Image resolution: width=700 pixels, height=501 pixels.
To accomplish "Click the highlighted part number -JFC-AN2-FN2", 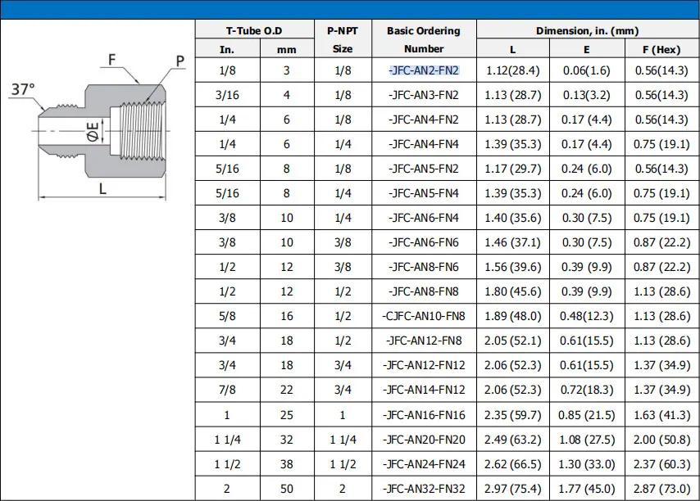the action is [x=424, y=70].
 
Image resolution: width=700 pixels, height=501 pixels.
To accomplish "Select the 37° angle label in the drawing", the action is [x=23, y=89].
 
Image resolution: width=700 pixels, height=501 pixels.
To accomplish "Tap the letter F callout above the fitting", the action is [x=111, y=59].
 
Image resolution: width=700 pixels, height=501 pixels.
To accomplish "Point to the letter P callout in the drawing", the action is [x=180, y=61].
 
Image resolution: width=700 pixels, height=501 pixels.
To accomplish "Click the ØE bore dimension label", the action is [x=93, y=132].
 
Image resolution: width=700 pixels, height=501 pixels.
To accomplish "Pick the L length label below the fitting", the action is [x=102, y=188].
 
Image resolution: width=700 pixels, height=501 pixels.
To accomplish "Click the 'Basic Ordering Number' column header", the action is [x=424, y=39].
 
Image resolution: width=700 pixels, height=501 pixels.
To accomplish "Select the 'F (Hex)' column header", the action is [x=661, y=49].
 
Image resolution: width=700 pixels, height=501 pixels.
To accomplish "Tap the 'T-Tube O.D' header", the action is [x=254, y=31].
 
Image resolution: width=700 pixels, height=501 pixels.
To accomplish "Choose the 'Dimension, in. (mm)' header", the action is [x=588, y=31].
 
